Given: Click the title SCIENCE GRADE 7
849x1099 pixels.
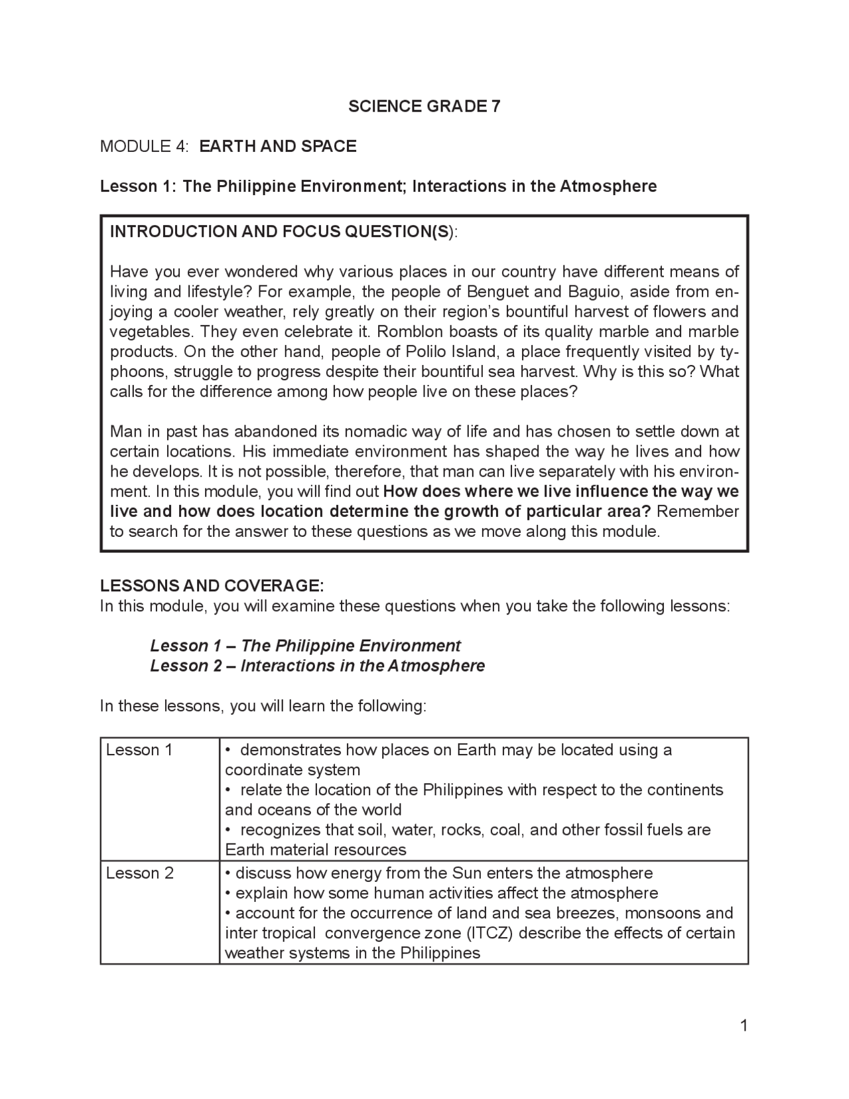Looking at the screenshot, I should coord(424,106).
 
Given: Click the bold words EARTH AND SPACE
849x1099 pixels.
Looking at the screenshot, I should coord(278,146).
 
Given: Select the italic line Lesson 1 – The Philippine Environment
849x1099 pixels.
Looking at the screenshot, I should coord(305,646).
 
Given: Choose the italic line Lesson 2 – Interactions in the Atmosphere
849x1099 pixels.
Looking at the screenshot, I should coord(317,666).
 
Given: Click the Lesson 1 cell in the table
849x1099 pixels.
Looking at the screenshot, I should coord(139,751).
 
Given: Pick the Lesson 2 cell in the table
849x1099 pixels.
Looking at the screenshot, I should coord(140,873).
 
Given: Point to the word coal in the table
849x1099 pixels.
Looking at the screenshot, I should coord(504,830).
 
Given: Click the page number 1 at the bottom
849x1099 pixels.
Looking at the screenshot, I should coord(744,1026).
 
